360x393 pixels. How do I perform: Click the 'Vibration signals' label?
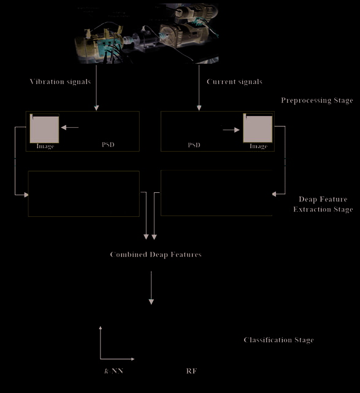(x=60, y=82)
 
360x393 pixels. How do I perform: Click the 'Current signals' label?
(x=234, y=82)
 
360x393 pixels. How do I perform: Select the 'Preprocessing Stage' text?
(x=317, y=100)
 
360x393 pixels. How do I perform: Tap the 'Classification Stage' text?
(x=278, y=340)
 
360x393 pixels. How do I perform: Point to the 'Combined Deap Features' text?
(x=156, y=255)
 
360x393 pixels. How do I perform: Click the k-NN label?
(x=114, y=371)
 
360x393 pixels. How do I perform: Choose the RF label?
(x=191, y=371)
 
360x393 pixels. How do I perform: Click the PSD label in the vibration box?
(x=108, y=145)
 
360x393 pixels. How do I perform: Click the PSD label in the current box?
(x=194, y=145)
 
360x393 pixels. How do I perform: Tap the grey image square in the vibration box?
(x=45, y=128)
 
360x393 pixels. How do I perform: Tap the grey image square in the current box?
(x=258, y=128)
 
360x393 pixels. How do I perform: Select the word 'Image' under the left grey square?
(x=45, y=146)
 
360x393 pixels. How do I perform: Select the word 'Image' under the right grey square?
(x=259, y=146)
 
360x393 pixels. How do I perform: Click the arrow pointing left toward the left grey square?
(x=70, y=128)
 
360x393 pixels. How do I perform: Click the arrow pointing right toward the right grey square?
(x=231, y=130)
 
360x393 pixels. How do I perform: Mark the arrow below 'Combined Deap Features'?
(x=151, y=288)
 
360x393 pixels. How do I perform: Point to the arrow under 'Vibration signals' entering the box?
(x=96, y=88)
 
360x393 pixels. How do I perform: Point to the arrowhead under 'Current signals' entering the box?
(x=199, y=108)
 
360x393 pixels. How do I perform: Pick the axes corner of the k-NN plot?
(x=101, y=359)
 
